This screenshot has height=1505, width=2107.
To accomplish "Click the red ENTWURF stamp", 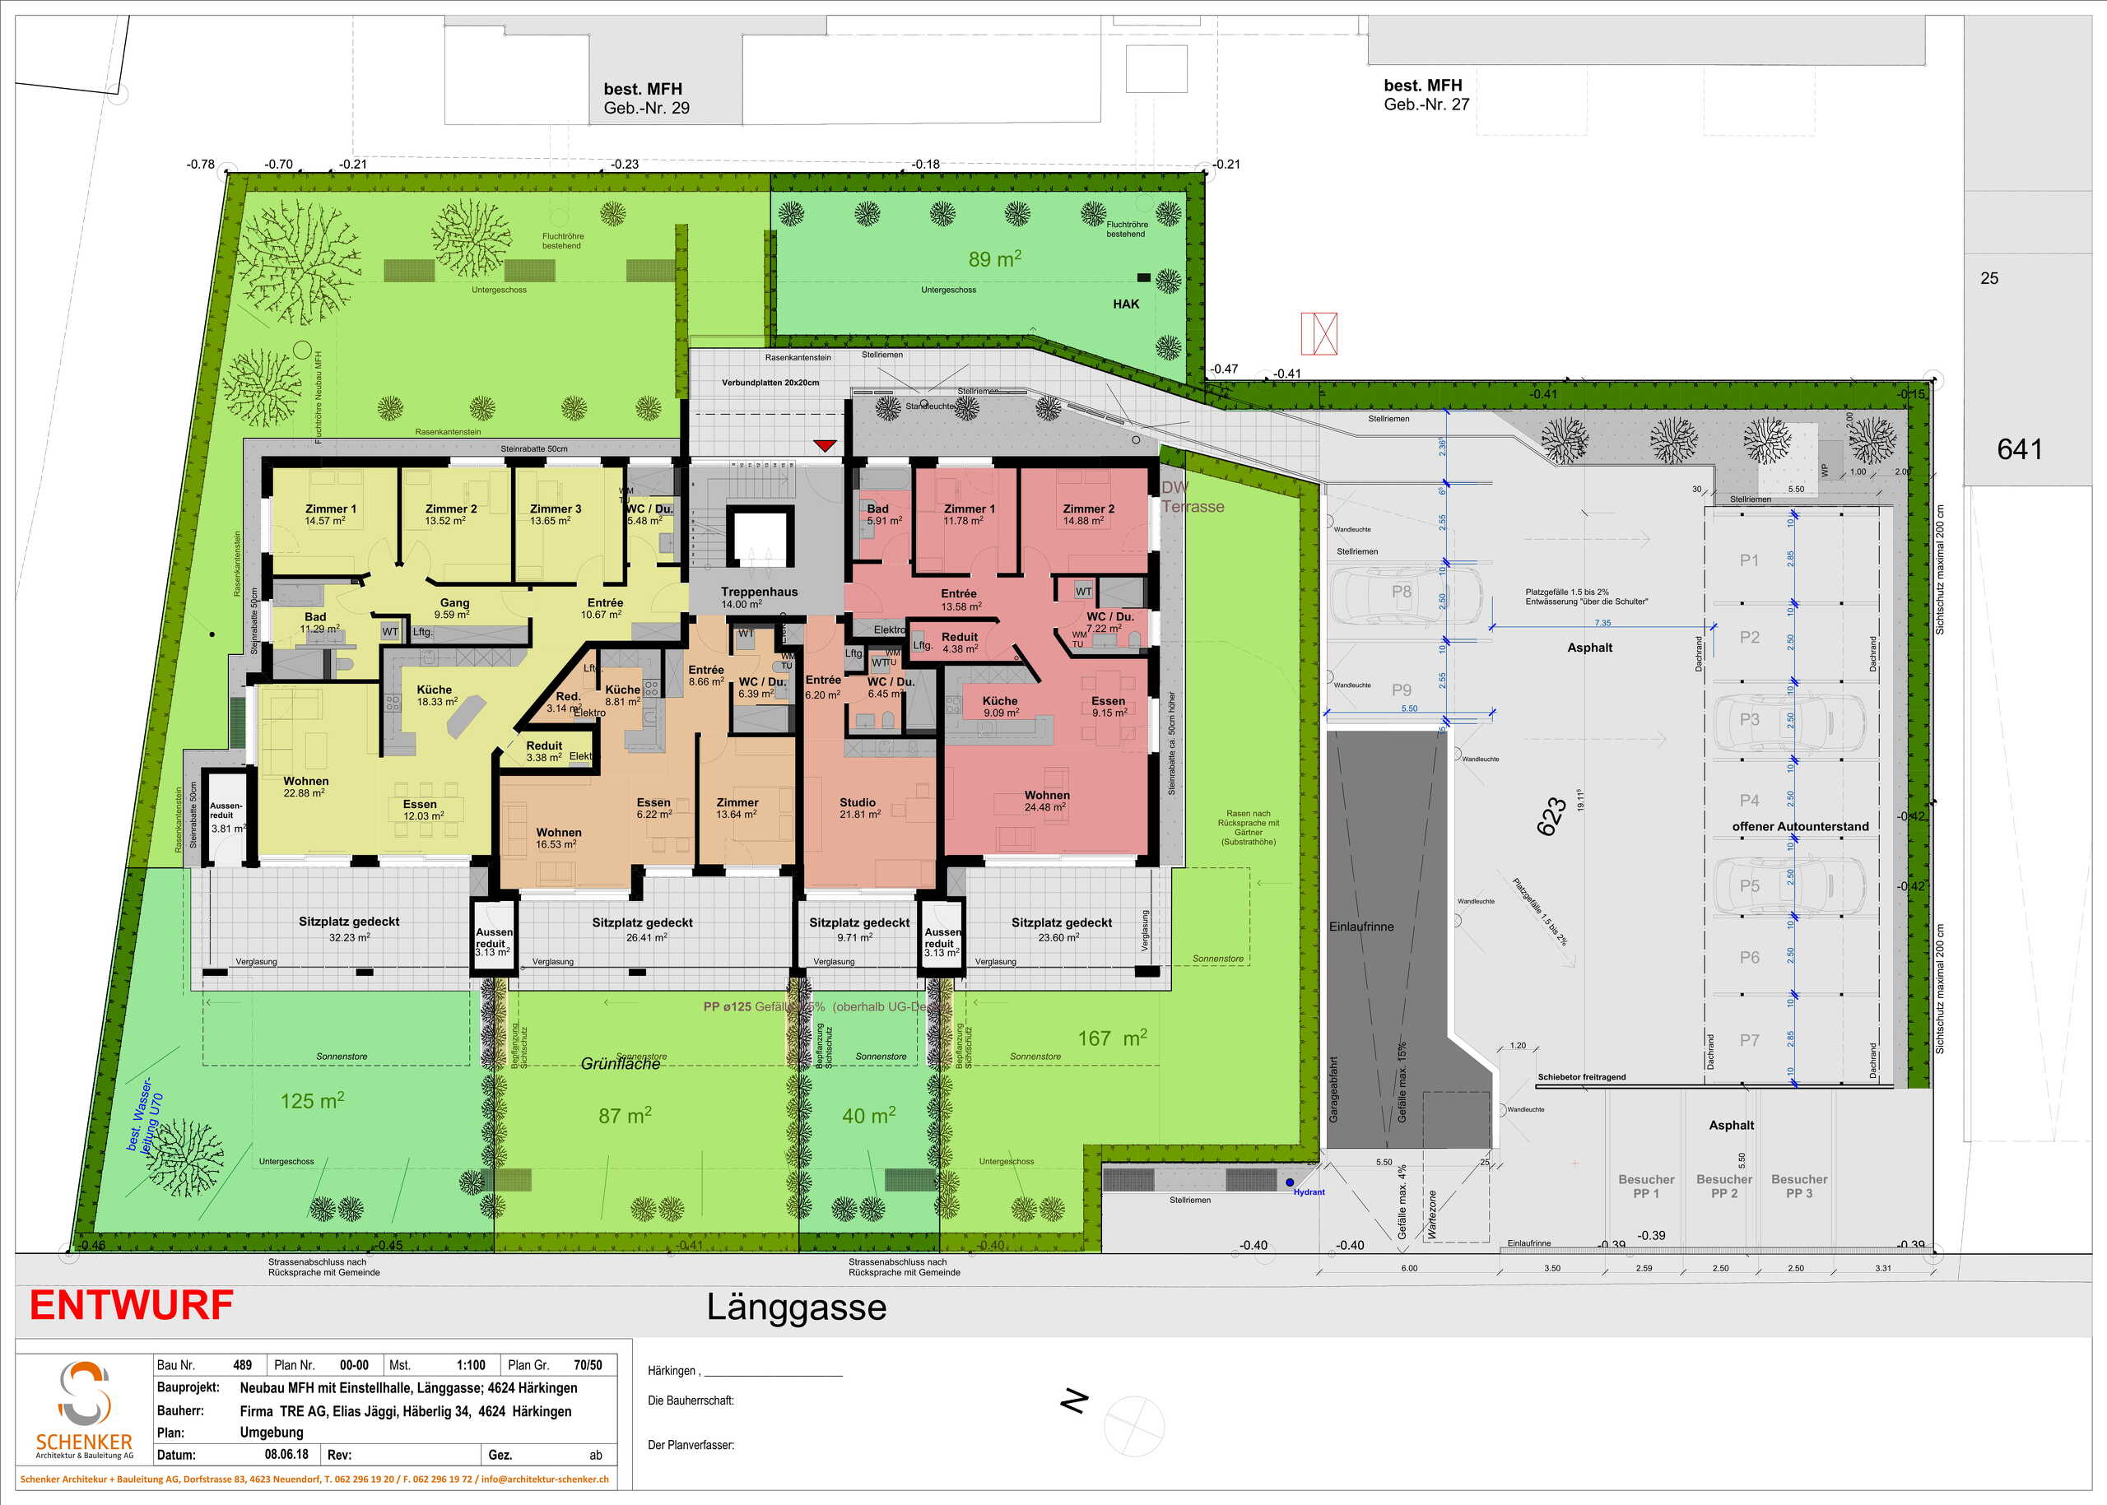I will pyautogui.click(x=132, y=1306).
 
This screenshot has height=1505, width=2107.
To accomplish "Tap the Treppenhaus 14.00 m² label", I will pyautogui.click(x=759, y=597).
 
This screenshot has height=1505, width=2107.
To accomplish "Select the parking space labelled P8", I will pyautogui.click(x=1402, y=592).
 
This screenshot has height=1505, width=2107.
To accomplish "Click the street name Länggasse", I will pyautogui.click(x=796, y=1308).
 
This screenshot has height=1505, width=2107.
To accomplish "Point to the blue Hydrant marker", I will pyautogui.click(x=1290, y=1182).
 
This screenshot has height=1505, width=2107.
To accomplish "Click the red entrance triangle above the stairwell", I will pyautogui.click(x=825, y=446).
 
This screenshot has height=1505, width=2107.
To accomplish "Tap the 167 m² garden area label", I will pyautogui.click(x=1111, y=1039).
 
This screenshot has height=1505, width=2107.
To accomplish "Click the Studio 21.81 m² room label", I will pyautogui.click(x=858, y=808).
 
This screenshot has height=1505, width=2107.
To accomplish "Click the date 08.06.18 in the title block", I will pyautogui.click(x=286, y=1454).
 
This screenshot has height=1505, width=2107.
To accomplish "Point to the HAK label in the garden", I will pyautogui.click(x=1125, y=304).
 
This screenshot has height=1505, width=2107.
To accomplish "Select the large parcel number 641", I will pyautogui.click(x=2019, y=449).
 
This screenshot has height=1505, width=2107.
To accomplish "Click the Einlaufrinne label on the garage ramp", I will pyautogui.click(x=1360, y=927).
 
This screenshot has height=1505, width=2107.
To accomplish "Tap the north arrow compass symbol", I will pyautogui.click(x=1133, y=1425).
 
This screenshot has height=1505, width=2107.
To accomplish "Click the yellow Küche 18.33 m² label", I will pyautogui.click(x=435, y=695).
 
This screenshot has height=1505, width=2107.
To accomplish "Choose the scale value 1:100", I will pyautogui.click(x=471, y=1365).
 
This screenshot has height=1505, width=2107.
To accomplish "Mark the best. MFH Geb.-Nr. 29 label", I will pyautogui.click(x=645, y=98).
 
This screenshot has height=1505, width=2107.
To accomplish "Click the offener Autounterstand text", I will pyautogui.click(x=1800, y=827).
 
